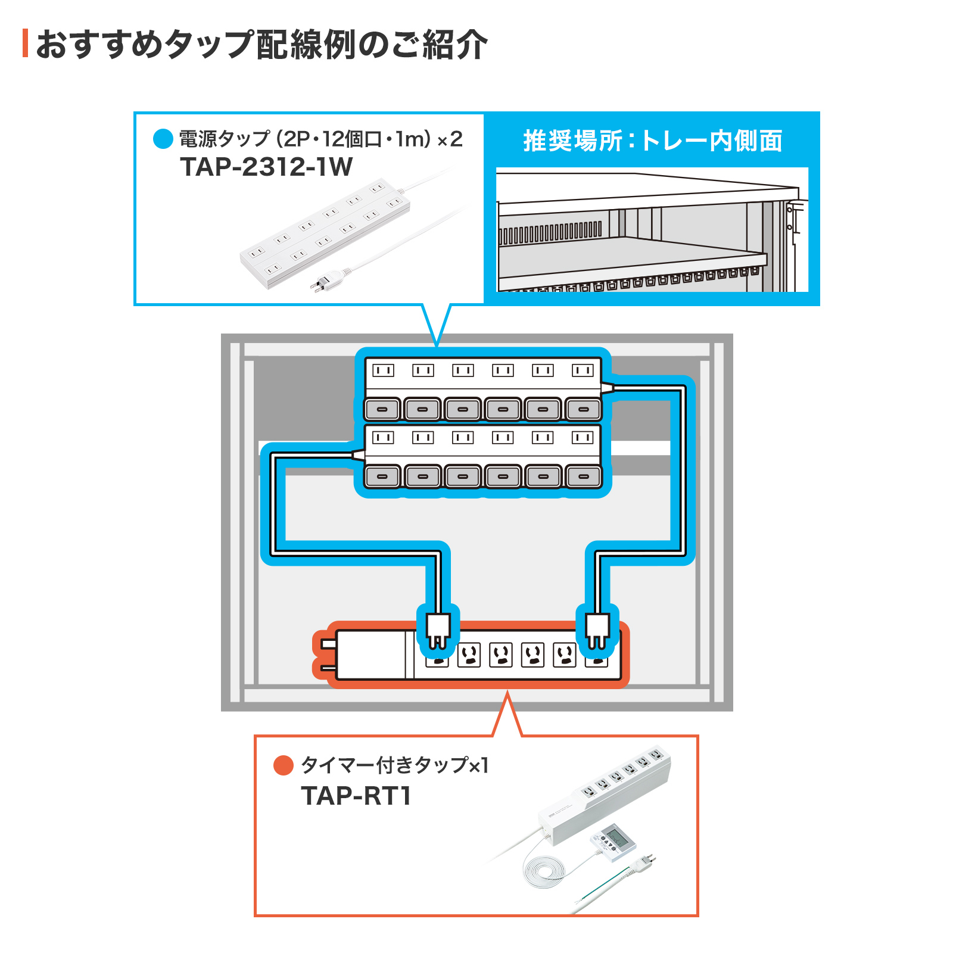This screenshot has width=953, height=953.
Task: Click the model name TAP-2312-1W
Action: (x=266, y=167)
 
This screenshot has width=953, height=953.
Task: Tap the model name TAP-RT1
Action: (x=356, y=796)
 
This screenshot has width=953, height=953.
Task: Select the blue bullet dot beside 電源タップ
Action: (x=163, y=139)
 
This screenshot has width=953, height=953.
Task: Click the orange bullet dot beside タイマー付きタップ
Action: (x=283, y=765)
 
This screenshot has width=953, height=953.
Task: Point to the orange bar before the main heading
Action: (x=25, y=43)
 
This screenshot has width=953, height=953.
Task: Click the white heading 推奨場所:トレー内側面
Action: (x=652, y=141)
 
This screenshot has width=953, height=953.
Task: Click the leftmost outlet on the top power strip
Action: (x=383, y=370)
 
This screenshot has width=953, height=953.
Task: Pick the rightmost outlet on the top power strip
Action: (x=583, y=370)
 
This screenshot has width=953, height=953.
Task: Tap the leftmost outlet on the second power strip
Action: (x=383, y=438)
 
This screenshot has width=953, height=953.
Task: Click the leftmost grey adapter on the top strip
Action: (x=382, y=409)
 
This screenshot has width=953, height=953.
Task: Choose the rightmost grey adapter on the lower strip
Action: (x=584, y=476)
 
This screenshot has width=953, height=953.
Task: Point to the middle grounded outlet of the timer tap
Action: (x=501, y=655)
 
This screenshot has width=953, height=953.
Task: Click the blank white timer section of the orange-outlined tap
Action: (x=370, y=655)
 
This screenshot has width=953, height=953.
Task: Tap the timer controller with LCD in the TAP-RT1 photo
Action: (x=613, y=840)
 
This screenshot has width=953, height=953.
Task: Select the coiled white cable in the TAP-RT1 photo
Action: (x=542, y=870)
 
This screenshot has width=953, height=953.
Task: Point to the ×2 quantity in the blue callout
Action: (x=450, y=139)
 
